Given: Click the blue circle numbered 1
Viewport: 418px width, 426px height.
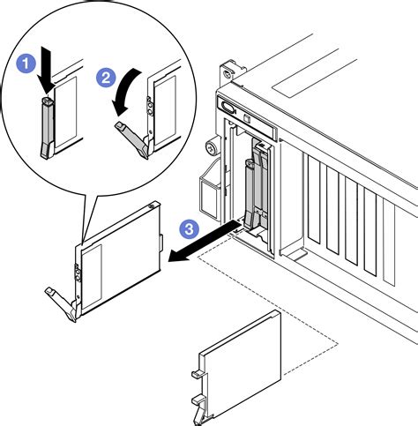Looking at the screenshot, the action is tap(26, 64).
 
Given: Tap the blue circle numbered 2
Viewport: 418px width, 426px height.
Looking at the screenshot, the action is tap(106, 78).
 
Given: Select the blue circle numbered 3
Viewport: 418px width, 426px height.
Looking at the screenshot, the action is tap(190, 228).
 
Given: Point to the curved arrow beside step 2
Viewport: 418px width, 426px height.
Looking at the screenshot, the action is tap(123, 92).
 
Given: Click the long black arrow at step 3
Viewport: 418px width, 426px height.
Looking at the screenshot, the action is tap(205, 241).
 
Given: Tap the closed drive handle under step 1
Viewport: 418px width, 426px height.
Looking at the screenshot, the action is tap(47, 128).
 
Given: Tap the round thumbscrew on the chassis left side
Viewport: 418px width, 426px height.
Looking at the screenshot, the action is tap(212, 148).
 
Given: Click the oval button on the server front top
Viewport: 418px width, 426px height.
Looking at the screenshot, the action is tap(228, 107).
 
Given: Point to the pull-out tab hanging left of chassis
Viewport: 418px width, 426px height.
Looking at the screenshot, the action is tap(209, 191).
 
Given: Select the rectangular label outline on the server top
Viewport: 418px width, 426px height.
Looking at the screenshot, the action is tap(315, 75).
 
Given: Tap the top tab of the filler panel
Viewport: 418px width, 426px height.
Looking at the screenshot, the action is tap(197, 375).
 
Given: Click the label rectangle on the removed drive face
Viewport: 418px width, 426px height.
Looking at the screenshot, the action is tap(92, 277).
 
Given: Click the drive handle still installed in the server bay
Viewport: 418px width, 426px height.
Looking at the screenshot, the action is tap(250, 194).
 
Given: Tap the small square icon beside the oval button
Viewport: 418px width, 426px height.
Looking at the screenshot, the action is tap(247, 118).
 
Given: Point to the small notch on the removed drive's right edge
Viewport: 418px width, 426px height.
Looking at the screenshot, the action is tap(160, 243).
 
